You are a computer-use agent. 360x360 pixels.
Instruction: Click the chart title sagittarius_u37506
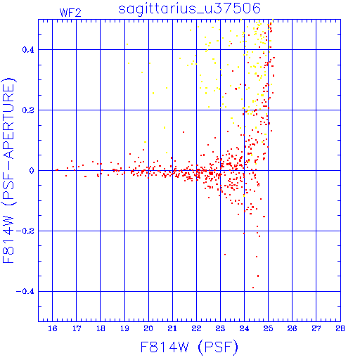coord(189,8)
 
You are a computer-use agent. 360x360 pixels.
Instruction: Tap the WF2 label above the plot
coord(70,13)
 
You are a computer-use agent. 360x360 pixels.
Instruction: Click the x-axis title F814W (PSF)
coord(189,347)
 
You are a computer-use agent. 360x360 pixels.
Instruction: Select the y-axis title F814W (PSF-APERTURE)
coord(8,170)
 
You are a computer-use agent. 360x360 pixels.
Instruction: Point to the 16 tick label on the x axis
coord(53,328)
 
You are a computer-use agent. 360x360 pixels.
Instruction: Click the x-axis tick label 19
coord(124,328)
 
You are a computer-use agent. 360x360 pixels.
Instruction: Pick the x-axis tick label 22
coord(196,328)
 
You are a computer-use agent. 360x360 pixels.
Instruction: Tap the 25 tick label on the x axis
coord(268,328)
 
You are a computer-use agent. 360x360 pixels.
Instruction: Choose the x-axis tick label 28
coord(340,328)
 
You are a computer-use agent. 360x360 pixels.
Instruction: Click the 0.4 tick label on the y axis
coord(28,50)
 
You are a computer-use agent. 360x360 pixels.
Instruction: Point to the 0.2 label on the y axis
coord(28,110)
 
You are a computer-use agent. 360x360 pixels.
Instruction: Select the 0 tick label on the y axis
coord(32,171)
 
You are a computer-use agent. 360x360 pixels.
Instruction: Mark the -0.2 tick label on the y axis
coord(25,231)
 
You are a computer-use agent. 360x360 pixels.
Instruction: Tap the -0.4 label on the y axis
coord(25,292)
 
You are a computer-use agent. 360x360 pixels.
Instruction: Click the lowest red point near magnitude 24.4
coord(253,288)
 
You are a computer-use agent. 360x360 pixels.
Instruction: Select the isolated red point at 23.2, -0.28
coord(225,255)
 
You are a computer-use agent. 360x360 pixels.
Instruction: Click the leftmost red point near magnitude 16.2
coord(56,170)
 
